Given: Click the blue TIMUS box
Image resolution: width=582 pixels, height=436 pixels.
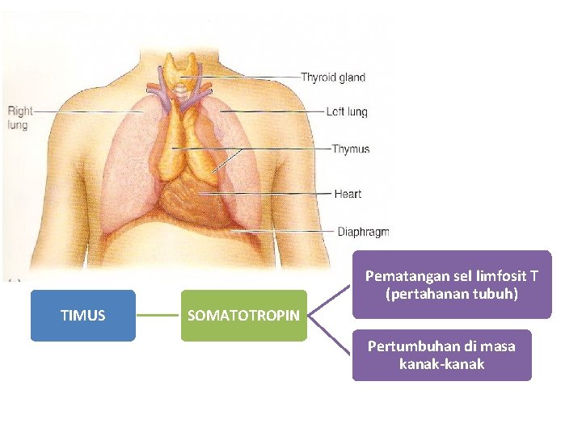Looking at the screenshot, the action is point(82,316).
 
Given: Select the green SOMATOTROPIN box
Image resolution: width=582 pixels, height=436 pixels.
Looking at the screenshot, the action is point(243,316).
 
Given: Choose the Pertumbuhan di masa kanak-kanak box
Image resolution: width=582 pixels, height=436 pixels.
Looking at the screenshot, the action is point(441,355).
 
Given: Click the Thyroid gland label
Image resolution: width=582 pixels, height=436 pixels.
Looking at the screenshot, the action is point(332,78).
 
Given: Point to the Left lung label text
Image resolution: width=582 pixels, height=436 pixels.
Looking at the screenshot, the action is point(346,112).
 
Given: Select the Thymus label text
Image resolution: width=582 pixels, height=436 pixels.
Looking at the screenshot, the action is point(351,149).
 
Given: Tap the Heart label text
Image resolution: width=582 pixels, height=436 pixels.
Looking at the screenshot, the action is point(348,194).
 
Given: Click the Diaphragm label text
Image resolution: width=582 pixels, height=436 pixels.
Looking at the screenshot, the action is point(363,232).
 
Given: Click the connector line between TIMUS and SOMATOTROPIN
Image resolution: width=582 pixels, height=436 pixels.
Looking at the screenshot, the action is point(158,316).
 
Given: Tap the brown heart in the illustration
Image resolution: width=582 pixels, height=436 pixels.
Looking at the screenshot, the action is point(194,202).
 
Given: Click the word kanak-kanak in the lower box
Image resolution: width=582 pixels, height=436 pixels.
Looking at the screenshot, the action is point(441,364).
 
